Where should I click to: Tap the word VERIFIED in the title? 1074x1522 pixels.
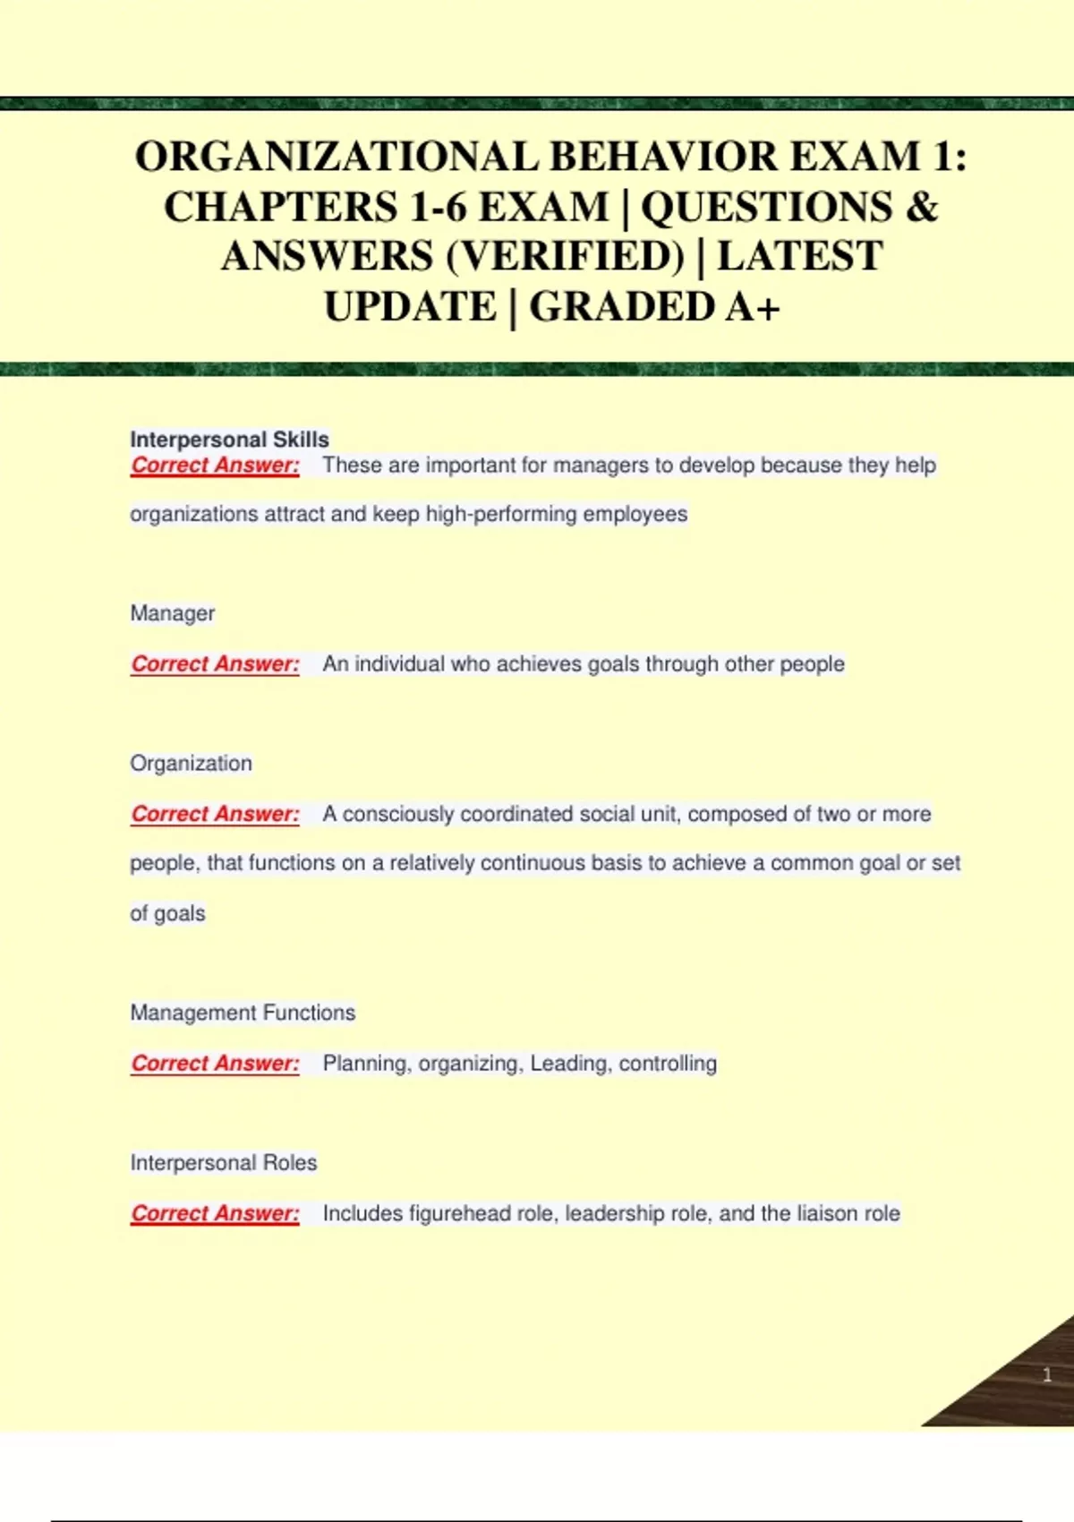[x=565, y=257]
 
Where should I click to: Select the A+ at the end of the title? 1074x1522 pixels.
[x=753, y=307]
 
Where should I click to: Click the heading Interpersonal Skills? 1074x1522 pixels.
[x=229, y=440]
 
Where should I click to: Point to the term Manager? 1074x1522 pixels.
[x=173, y=613]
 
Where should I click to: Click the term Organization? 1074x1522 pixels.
[x=191, y=764]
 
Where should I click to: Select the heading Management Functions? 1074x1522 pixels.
[x=243, y=1013]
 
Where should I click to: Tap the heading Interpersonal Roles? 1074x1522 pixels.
[x=224, y=1163]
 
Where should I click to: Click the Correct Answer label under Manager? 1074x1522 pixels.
[x=215, y=664]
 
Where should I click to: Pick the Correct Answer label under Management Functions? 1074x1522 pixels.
[x=215, y=1064]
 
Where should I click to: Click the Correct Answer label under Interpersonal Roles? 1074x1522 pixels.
[x=215, y=1214]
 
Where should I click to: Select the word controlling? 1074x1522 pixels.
[x=668, y=1064]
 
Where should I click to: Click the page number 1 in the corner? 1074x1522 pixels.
[x=1047, y=1375]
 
